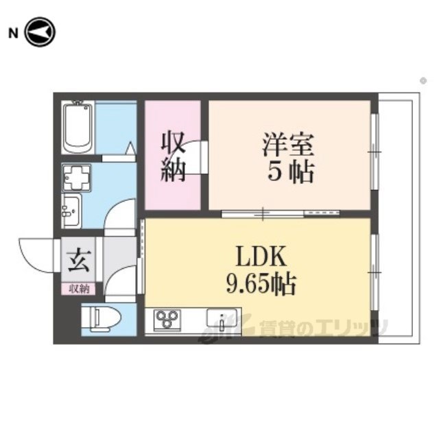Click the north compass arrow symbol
[40, 32]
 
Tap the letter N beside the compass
[13, 34]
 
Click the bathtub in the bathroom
[78, 128]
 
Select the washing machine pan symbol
[76, 178]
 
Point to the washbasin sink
[71, 210]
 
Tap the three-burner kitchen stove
[167, 319]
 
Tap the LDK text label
[261, 256]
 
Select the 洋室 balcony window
[375, 152]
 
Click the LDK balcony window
[375, 272]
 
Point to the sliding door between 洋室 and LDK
[281, 214]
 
